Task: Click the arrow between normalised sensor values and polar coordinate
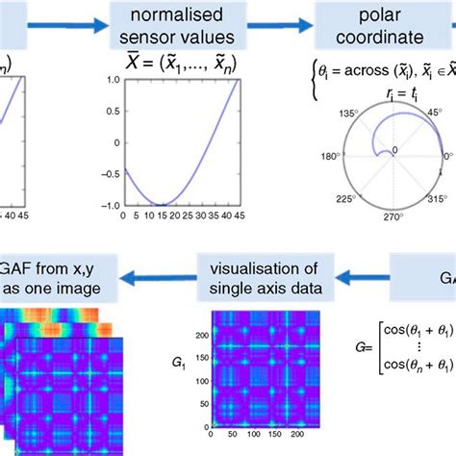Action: (288, 28)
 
